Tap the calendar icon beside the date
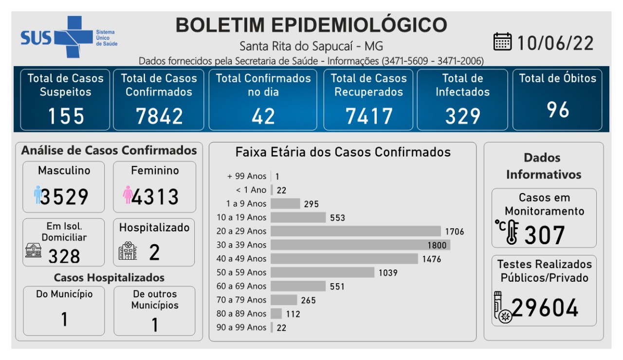[x=502, y=42]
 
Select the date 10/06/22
[x=555, y=43]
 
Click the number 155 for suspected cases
[x=66, y=116]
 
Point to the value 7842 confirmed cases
[x=159, y=116]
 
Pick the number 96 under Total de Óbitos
[x=558, y=110]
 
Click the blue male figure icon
[x=37, y=195]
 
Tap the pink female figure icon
[x=128, y=195]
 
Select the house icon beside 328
[x=34, y=251]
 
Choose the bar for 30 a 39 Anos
[x=360, y=245]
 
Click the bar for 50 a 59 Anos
[x=322, y=272]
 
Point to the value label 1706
[x=455, y=232]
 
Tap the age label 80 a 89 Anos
[x=241, y=314]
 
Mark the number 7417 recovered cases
[x=369, y=116]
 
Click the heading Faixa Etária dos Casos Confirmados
[x=343, y=152]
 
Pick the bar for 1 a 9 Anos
[x=285, y=203]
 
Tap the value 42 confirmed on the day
[x=263, y=116]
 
